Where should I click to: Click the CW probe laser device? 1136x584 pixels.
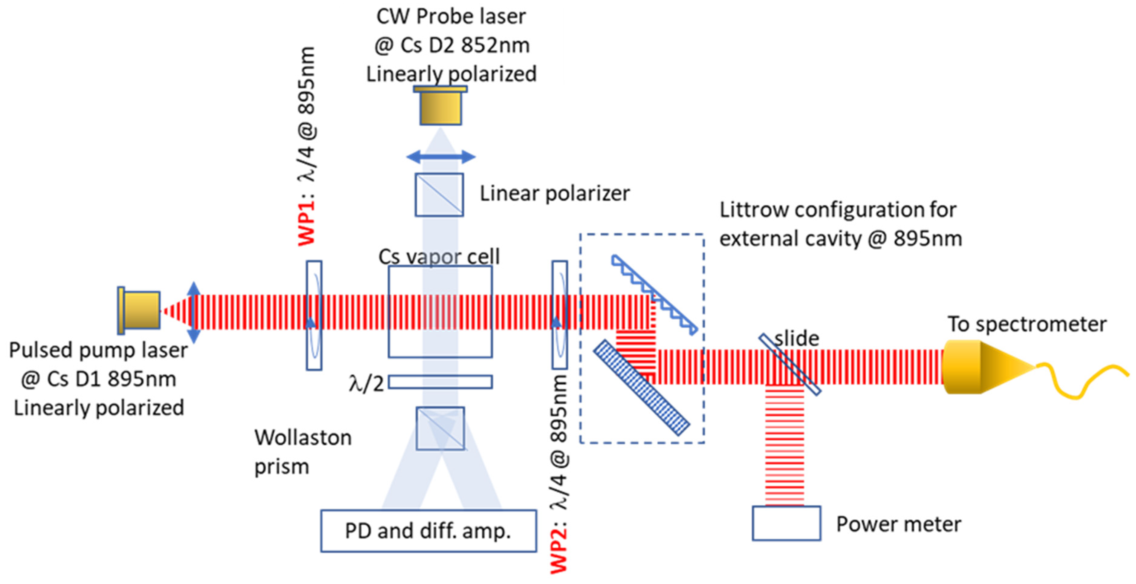(x=440, y=106)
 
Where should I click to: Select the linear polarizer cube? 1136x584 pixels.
(x=439, y=194)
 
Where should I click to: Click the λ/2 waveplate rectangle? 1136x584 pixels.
(x=440, y=382)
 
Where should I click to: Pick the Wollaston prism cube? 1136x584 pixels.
(x=440, y=428)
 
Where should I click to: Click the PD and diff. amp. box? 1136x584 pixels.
(x=428, y=531)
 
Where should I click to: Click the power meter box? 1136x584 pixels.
(x=786, y=523)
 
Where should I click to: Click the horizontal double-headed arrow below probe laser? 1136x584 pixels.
(x=441, y=157)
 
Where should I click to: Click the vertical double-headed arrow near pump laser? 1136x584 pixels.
(x=194, y=313)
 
